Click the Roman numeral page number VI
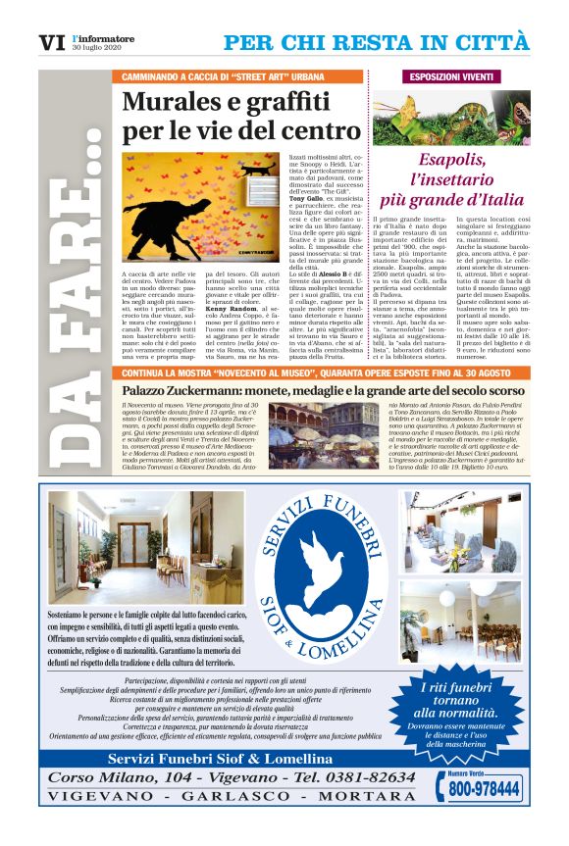tap(51, 43)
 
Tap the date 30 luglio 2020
tap(96, 50)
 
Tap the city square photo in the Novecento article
tap(324, 429)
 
